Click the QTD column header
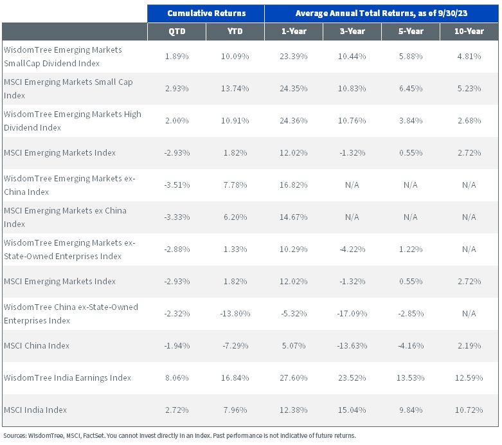pos(177,32)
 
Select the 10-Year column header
pos(469,32)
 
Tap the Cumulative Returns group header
pos(206,13)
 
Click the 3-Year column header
pos(352,32)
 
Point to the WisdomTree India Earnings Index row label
pos(67,378)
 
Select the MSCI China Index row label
pos(37,346)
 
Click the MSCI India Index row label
pos(35,410)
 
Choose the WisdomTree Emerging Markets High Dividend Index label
pos(73,121)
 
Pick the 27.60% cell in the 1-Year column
pos(294,378)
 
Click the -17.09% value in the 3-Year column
pos(352,314)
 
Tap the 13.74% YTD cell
pos(235,89)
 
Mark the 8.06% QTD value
pos(177,378)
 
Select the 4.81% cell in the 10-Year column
pos(469,57)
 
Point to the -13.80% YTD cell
pos(235,314)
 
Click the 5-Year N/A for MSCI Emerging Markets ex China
pos(411,217)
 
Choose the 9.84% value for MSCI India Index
pos(411,410)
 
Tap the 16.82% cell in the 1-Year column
pos(294,185)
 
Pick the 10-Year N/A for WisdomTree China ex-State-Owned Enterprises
pos(469,314)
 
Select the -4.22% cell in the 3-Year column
pos(352,250)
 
